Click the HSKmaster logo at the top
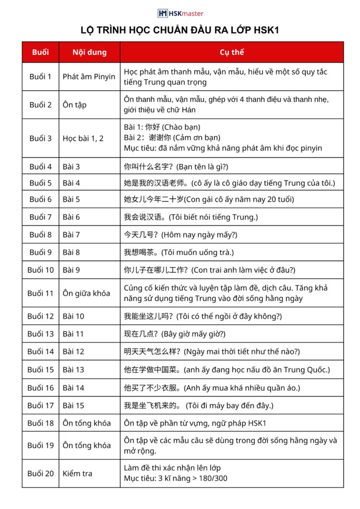[180, 13]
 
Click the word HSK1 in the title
[266, 30]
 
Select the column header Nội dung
[90, 52]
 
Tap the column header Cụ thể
[232, 52]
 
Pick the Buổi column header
[40, 52]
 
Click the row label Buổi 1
[40, 77]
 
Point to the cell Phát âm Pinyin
[89, 77]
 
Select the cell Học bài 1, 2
[83, 138]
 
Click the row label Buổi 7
[40, 217]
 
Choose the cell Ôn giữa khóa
[87, 293]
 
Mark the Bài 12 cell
[74, 351]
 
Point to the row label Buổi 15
[40, 369]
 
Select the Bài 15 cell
[74, 406]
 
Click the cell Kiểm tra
[78, 473]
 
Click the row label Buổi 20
[40, 473]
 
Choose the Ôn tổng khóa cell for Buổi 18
[87, 423]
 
